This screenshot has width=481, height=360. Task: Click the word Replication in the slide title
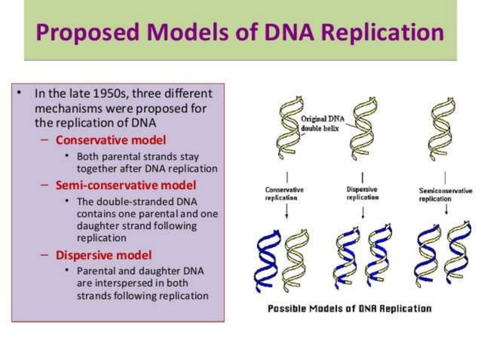point(375,32)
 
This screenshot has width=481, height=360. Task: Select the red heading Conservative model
point(111,141)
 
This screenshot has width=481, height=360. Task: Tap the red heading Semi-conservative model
point(126,185)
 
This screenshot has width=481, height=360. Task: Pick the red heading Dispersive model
point(103,255)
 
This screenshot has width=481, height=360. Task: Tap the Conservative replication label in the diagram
point(284,194)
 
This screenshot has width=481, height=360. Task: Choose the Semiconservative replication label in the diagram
point(446,194)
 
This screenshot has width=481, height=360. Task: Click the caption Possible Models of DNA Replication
point(350,309)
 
